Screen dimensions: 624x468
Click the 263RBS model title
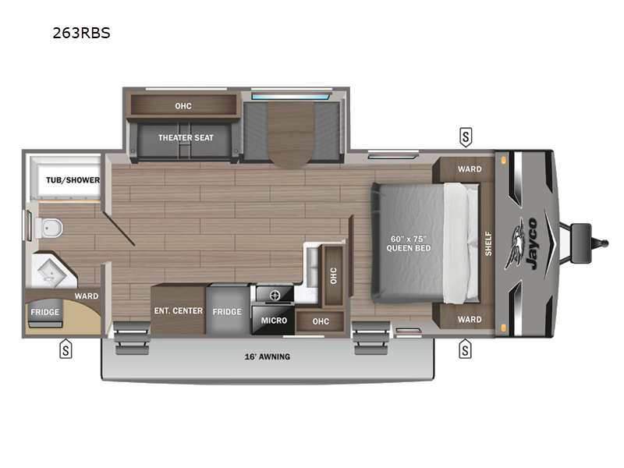pyautogui.click(x=81, y=33)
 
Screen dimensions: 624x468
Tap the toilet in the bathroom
pyautogui.click(x=49, y=228)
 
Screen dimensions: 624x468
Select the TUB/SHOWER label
pyautogui.click(x=73, y=180)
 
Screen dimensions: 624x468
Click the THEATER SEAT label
pyautogui.click(x=186, y=138)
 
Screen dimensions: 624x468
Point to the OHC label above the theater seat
pyautogui.click(x=183, y=106)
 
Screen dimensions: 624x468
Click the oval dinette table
pyautogui.click(x=290, y=134)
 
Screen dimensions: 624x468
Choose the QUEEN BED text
pyautogui.click(x=409, y=248)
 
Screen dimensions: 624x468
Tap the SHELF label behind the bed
pyautogui.click(x=488, y=243)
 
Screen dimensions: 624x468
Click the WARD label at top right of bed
pyautogui.click(x=470, y=169)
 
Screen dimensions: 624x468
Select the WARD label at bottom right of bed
pyautogui.click(x=470, y=320)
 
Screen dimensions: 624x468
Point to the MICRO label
pyautogui.click(x=274, y=321)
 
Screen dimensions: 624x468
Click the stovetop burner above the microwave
pyautogui.click(x=275, y=296)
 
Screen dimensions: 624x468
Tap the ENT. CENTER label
pyautogui.click(x=179, y=310)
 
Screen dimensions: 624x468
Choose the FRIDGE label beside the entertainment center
pyautogui.click(x=227, y=311)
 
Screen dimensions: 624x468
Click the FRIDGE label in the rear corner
pyautogui.click(x=44, y=312)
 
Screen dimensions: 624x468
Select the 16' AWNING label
pyautogui.click(x=267, y=356)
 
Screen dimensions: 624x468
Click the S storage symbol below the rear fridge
pyautogui.click(x=66, y=349)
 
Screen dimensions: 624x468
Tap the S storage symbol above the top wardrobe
pyautogui.click(x=466, y=137)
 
